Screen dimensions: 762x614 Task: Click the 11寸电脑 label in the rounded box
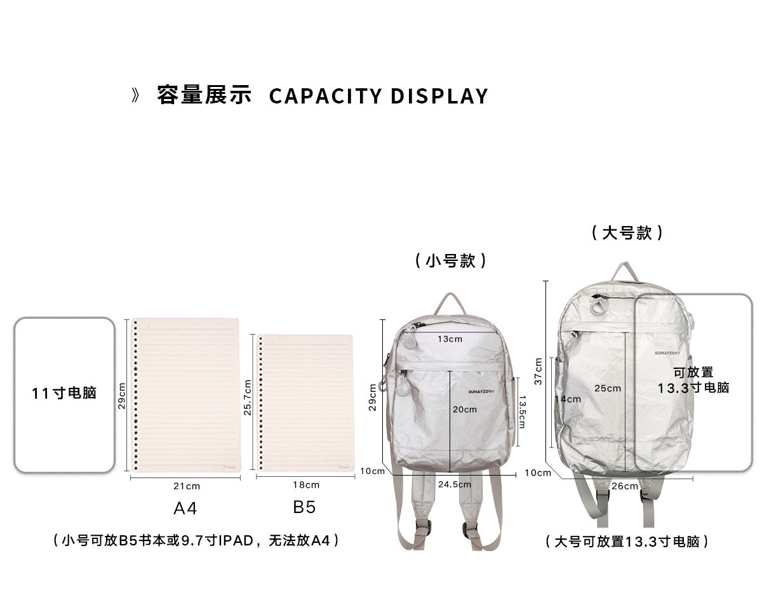64,393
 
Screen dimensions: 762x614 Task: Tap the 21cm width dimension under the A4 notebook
186,486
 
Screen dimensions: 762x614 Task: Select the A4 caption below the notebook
185,509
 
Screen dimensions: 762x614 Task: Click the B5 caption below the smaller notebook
304,507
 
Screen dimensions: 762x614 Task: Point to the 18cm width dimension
306,485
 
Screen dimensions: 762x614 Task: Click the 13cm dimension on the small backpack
450,339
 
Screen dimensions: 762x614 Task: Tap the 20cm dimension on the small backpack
464,410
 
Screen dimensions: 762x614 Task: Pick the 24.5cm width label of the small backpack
455,484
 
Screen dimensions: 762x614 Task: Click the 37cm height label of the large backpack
538,371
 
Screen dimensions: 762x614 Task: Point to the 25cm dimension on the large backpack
608,388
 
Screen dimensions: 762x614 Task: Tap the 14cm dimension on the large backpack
568,399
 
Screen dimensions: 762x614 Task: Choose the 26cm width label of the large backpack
625,486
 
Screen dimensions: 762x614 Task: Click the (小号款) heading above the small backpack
451,260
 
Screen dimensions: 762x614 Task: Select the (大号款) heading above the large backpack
627,232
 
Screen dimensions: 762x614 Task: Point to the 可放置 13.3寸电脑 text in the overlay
693,380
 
